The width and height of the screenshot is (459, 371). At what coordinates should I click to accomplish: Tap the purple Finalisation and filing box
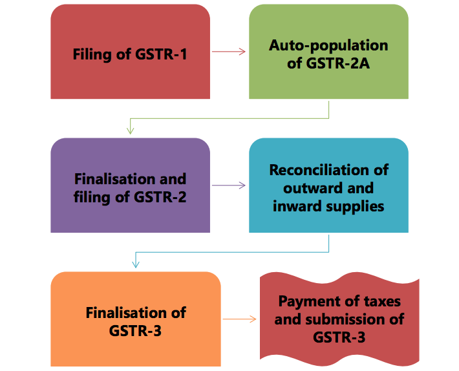[130, 185]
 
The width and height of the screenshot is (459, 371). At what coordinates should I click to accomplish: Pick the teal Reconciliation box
[328, 185]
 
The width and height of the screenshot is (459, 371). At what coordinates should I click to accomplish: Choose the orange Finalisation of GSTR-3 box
[135, 319]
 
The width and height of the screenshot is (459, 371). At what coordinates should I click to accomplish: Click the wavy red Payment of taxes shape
[339, 319]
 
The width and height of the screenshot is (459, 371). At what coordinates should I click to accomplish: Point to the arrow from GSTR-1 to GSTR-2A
[229, 52]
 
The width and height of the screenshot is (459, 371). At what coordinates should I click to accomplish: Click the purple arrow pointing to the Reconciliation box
[229, 185]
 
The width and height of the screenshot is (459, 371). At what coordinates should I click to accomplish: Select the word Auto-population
[328, 45]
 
